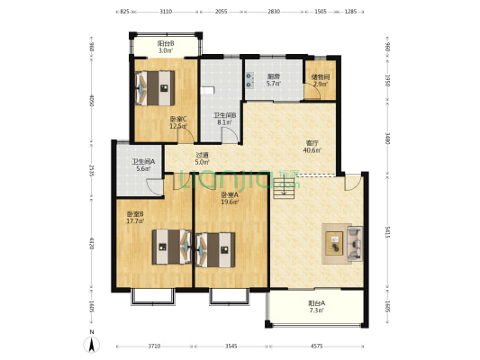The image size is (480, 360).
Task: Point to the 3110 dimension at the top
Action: point(166,13)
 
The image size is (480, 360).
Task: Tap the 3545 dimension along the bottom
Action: point(231,346)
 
